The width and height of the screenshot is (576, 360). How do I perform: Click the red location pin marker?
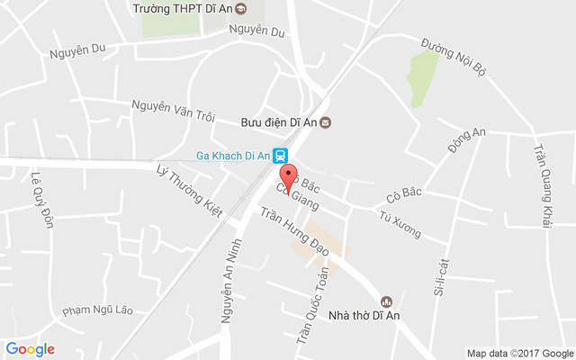click(288, 178)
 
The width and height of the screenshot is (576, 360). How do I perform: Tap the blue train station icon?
click(281, 155)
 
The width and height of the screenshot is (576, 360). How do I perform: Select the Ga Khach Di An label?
click(232, 155)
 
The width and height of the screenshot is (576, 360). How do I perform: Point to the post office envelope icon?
click(326, 122)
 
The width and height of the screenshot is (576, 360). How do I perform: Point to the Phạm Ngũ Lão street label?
click(97, 310)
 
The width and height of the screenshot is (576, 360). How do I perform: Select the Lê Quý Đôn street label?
click(41, 200)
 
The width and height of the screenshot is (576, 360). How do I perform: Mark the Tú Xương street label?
click(400, 224)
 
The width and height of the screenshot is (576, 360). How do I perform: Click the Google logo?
click(30, 349)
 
